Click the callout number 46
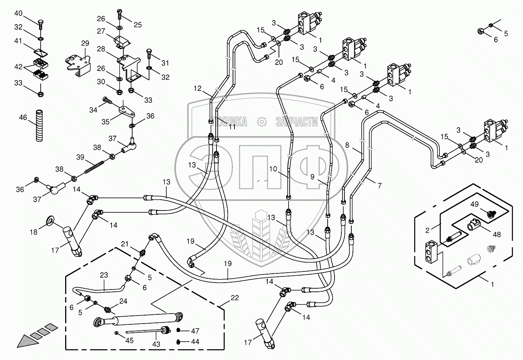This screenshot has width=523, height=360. click(23, 117)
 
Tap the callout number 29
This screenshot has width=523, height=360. click(85, 43)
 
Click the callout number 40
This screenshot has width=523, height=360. click(18, 13)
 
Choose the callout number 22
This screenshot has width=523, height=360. click(235, 298)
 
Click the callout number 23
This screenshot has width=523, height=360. click(104, 275)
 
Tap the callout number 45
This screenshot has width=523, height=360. click(130, 340)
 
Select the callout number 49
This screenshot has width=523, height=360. click(474, 204)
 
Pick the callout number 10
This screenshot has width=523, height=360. click(272, 169)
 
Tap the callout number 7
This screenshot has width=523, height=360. click(379, 186)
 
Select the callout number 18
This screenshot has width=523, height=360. click(34, 232)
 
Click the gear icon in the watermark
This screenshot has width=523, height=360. click(262, 122)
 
